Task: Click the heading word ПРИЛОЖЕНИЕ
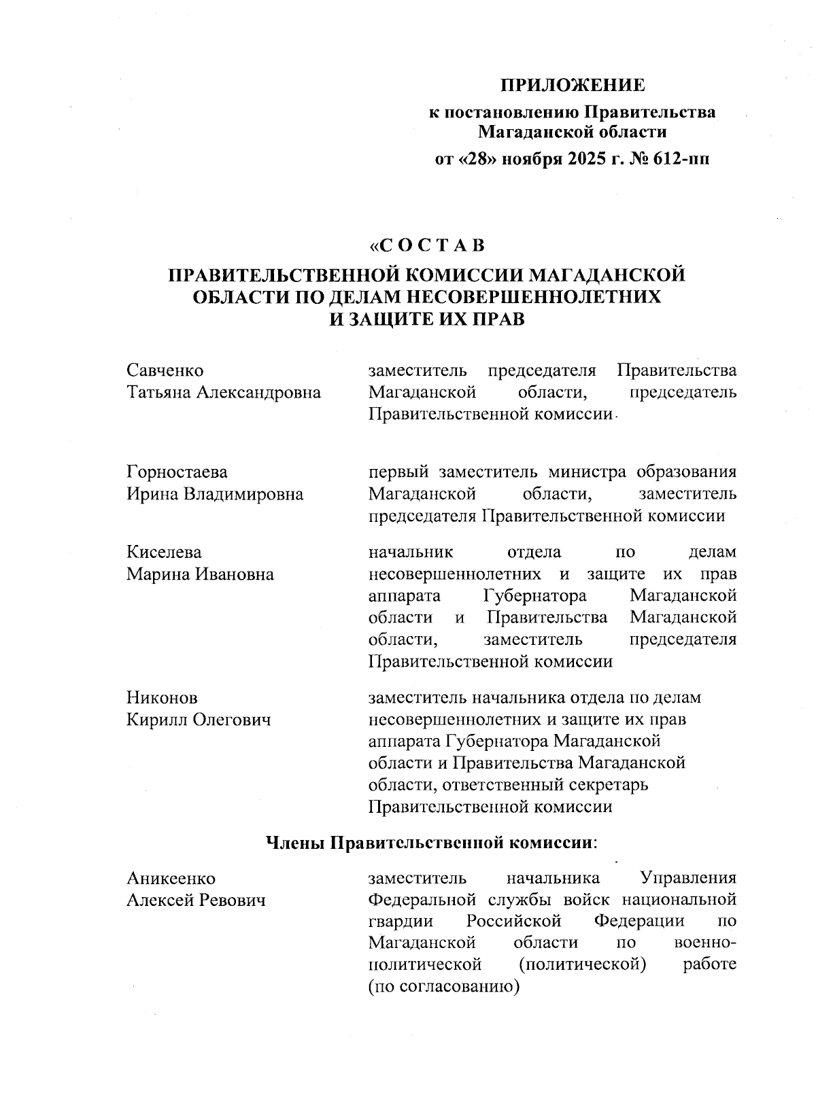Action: (x=573, y=86)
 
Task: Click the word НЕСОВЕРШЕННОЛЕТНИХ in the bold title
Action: (x=530, y=297)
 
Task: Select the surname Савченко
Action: (x=165, y=371)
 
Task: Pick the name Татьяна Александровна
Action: (x=224, y=393)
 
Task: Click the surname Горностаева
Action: (x=177, y=472)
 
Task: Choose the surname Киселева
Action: (x=164, y=553)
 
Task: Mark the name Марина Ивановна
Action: (x=201, y=574)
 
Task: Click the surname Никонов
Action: (x=162, y=698)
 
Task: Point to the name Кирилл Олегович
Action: (x=199, y=720)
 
